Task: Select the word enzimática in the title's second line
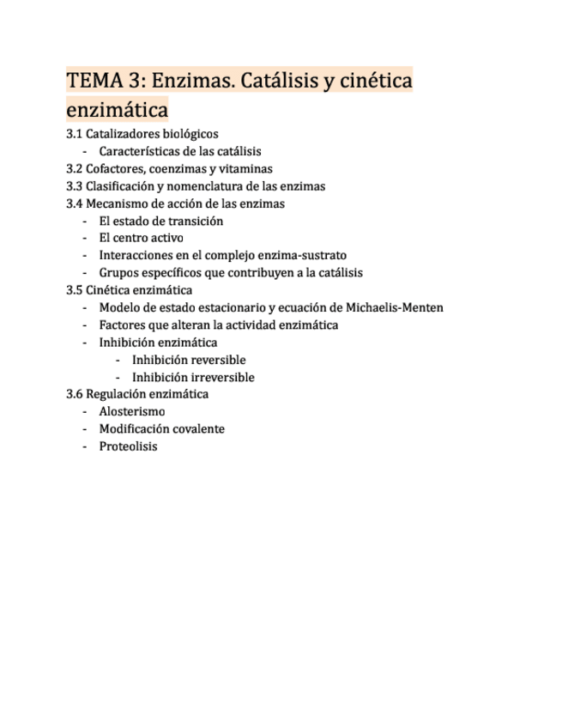click(x=117, y=111)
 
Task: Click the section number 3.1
click(x=74, y=134)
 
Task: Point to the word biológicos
click(x=189, y=134)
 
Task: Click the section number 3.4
click(x=74, y=203)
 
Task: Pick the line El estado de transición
click(x=160, y=221)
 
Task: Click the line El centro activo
click(x=141, y=238)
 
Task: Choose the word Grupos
click(x=118, y=273)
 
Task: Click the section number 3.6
click(x=74, y=394)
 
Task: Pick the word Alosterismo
click(x=132, y=411)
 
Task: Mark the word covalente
click(x=196, y=428)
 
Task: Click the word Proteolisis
click(x=128, y=446)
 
